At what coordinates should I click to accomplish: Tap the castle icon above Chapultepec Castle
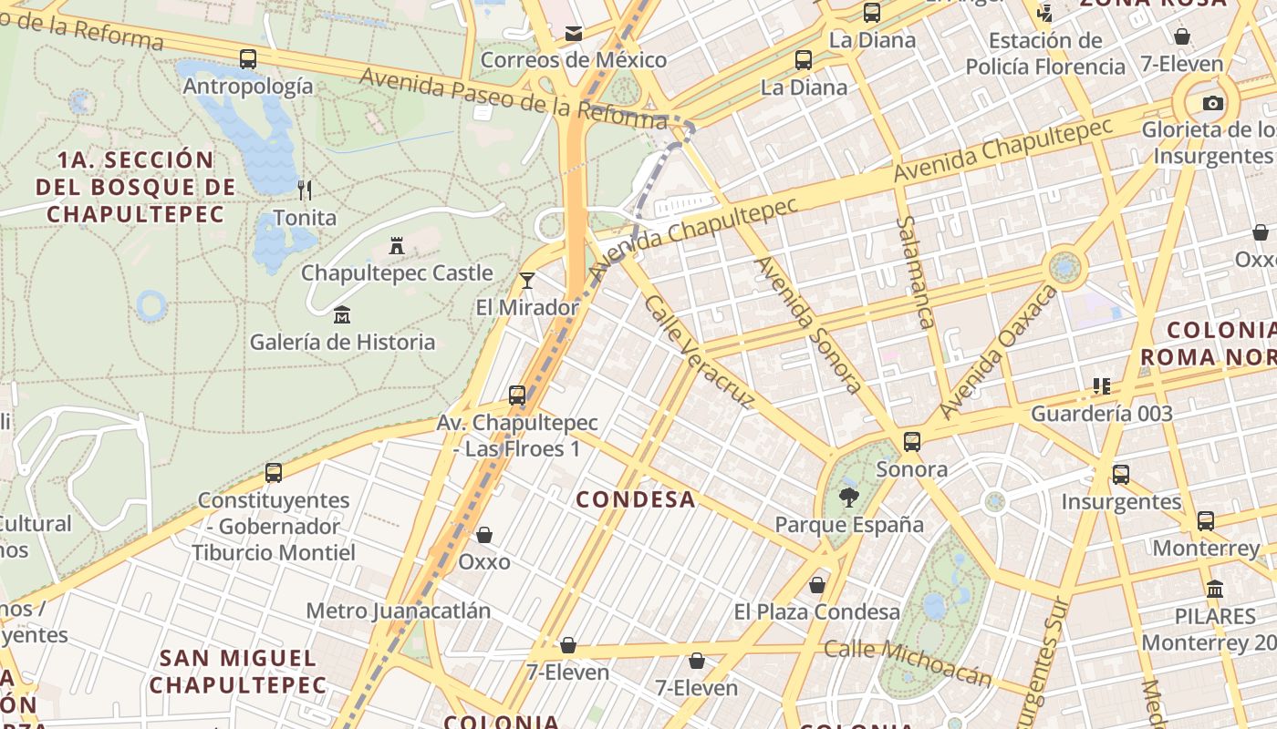pyautogui.click(x=397, y=246)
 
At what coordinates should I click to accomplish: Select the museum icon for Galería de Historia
pyautogui.click(x=342, y=315)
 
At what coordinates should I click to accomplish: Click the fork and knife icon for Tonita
pyautogui.click(x=305, y=190)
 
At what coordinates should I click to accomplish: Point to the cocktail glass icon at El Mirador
pyautogui.click(x=526, y=281)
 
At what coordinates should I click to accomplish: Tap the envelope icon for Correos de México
pyautogui.click(x=574, y=34)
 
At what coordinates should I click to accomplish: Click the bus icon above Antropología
pyautogui.click(x=247, y=59)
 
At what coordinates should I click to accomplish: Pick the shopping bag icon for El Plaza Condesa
pyautogui.click(x=817, y=585)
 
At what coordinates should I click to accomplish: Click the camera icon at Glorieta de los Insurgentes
pyautogui.click(x=1213, y=103)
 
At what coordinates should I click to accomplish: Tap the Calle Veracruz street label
pyautogui.click(x=701, y=351)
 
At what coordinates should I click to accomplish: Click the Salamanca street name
pyautogui.click(x=915, y=272)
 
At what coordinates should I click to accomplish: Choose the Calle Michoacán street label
pyautogui.click(x=907, y=662)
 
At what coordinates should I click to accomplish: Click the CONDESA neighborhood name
pyautogui.click(x=636, y=499)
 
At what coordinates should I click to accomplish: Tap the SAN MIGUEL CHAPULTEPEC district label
pyautogui.click(x=237, y=671)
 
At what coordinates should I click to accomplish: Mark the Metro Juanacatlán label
pyautogui.click(x=398, y=611)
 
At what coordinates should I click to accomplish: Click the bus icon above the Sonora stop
pyautogui.click(x=911, y=442)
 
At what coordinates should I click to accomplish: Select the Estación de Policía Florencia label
pyautogui.click(x=1045, y=54)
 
